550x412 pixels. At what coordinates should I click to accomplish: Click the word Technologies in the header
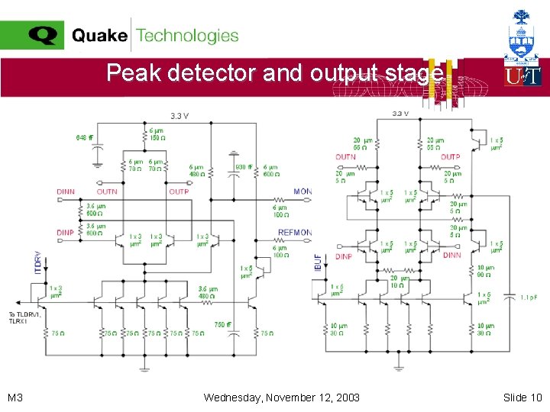click(x=187, y=35)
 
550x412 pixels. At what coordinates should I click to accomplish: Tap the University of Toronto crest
click(x=522, y=34)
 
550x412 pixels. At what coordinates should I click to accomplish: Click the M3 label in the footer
click(x=15, y=398)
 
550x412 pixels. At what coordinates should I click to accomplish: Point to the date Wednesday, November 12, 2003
click(x=282, y=398)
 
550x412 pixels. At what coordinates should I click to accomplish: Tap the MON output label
click(x=302, y=192)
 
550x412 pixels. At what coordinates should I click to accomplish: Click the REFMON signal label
click(x=295, y=233)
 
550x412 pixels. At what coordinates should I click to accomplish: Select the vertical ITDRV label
click(x=37, y=263)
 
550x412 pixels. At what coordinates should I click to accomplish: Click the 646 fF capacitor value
click(x=85, y=138)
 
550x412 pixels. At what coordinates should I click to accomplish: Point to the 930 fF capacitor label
click(x=244, y=167)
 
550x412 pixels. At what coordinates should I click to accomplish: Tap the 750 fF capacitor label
click(x=224, y=324)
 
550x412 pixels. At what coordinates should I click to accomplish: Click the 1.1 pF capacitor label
click(x=529, y=297)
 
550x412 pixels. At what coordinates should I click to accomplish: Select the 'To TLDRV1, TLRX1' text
click(x=24, y=318)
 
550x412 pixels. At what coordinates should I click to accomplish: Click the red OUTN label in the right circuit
click(x=345, y=157)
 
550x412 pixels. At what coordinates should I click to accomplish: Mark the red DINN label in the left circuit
click(x=66, y=192)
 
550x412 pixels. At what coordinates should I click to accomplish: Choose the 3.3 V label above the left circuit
click(x=179, y=116)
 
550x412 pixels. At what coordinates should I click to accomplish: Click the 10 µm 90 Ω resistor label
click(x=486, y=272)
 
